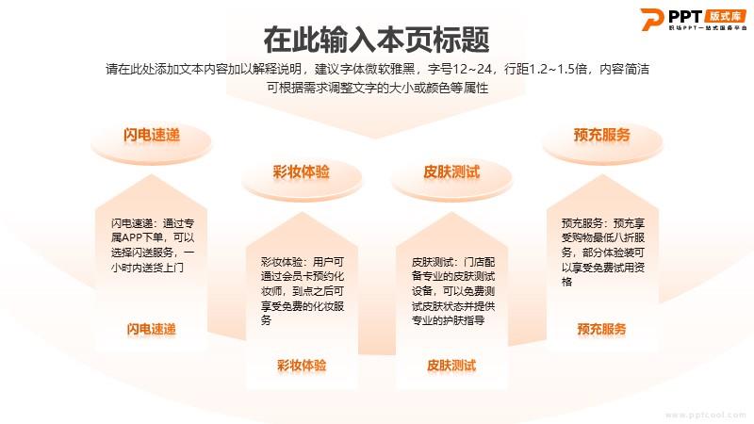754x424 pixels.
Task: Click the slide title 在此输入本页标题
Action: [376, 40]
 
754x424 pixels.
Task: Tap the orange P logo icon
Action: [651, 19]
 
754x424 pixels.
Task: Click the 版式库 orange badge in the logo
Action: [725, 16]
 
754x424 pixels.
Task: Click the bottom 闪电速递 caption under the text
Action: [152, 329]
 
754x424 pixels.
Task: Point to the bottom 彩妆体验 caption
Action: [302, 366]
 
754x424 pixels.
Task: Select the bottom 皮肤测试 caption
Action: [451, 366]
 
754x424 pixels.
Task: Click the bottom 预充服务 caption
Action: [602, 329]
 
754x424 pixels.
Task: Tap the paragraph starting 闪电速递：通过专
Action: [153, 245]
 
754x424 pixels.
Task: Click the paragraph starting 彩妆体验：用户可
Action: [303, 291]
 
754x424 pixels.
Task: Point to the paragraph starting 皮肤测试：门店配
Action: [453, 291]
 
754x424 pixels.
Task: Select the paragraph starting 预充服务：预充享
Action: [603, 253]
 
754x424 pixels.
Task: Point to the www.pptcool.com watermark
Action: [705, 415]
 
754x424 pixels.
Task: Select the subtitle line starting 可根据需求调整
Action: [378, 88]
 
